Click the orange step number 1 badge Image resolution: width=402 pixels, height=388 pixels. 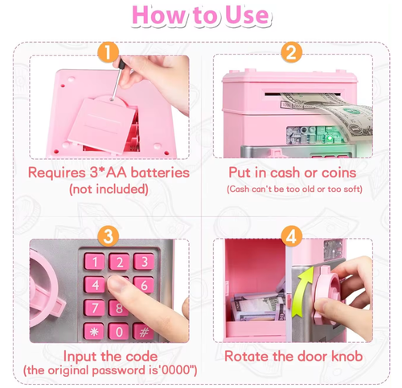click(x=109, y=52)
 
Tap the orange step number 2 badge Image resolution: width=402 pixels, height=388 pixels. click(x=292, y=52)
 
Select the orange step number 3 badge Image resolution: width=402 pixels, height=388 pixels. click(x=109, y=236)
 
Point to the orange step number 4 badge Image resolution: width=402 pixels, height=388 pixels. click(x=292, y=236)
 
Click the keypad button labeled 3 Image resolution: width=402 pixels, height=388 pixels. click(x=145, y=261)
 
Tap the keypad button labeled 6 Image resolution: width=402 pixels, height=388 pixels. click(x=144, y=285)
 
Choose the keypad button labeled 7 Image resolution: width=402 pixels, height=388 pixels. click(x=94, y=308)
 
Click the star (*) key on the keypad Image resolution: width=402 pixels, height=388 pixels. click(x=94, y=332)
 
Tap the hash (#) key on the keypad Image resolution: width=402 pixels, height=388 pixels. click(x=144, y=332)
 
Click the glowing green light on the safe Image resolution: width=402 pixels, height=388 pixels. click(x=330, y=138)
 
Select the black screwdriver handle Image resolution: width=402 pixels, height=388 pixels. click(x=121, y=64)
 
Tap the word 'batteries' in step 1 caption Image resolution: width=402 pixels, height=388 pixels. click(x=160, y=173)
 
